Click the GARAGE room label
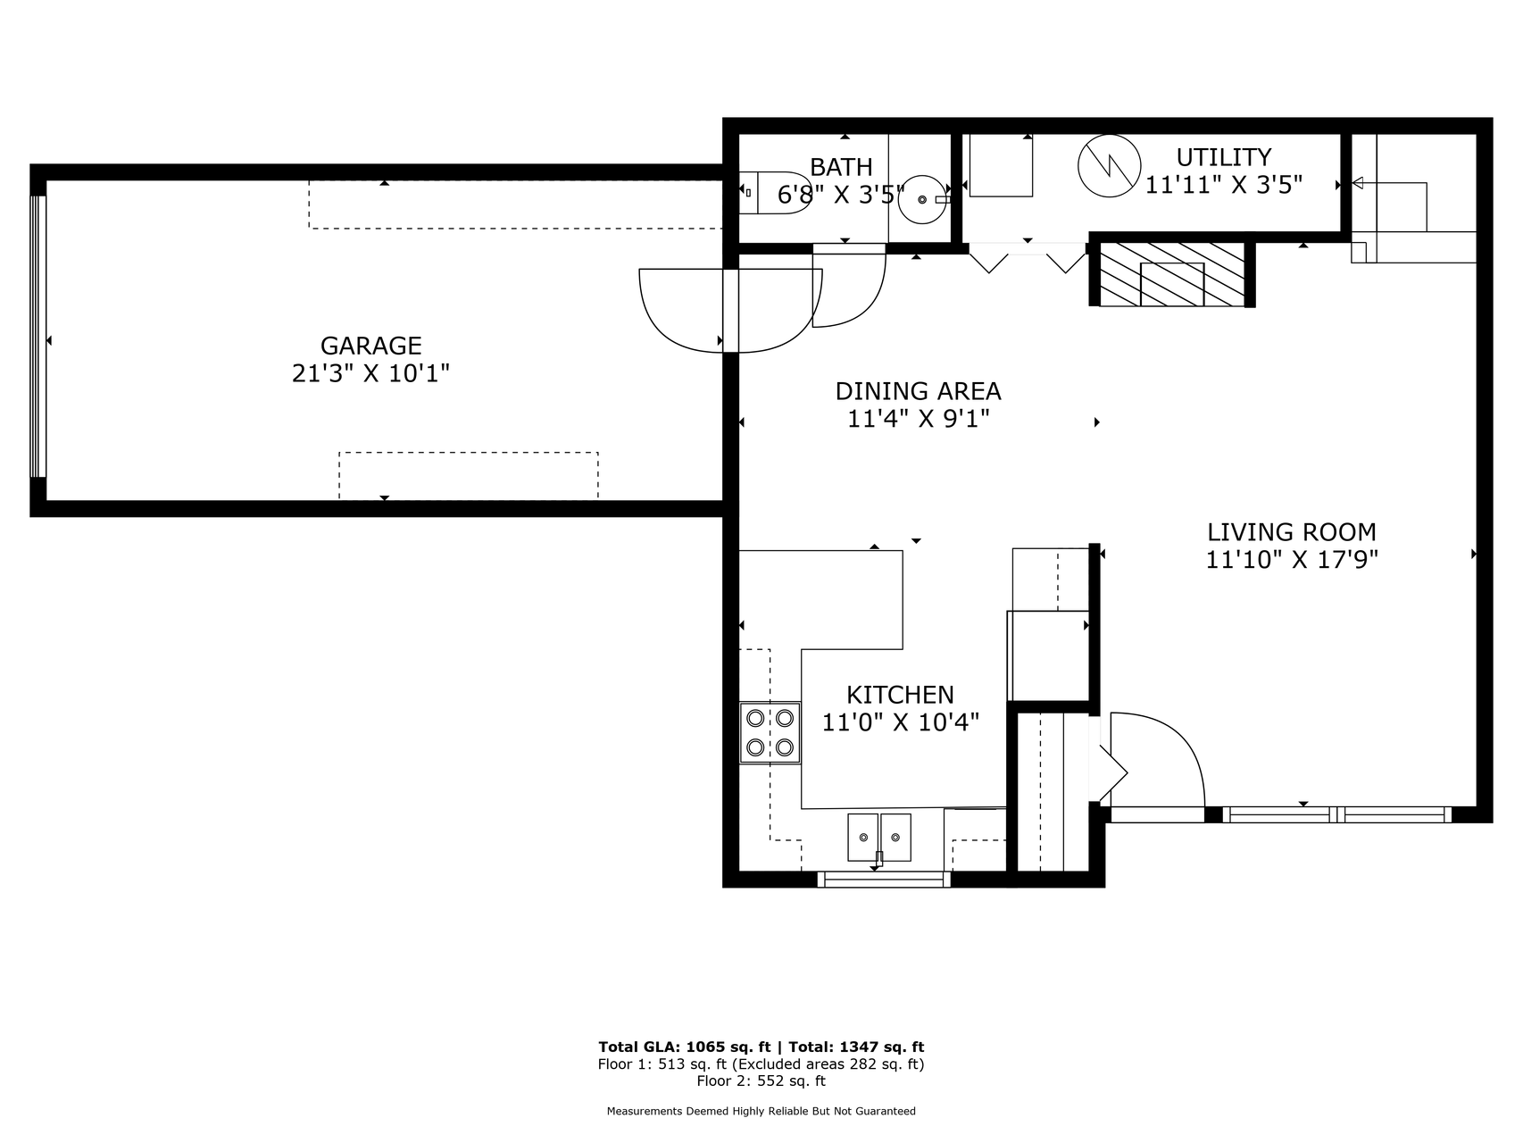(x=370, y=346)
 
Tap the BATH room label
(x=841, y=167)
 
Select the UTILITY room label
(x=1223, y=157)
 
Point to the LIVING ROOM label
(x=1291, y=532)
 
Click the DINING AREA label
(x=918, y=391)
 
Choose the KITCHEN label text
(x=900, y=695)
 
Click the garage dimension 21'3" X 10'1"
(x=370, y=373)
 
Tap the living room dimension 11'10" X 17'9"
(x=1292, y=560)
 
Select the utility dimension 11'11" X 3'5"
(x=1224, y=185)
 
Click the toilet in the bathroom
(x=773, y=192)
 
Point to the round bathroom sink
(x=922, y=199)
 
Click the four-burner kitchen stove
(x=770, y=732)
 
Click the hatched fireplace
(x=1172, y=274)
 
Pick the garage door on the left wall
(x=37, y=337)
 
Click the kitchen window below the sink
(x=884, y=880)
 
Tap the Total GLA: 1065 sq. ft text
(x=684, y=1047)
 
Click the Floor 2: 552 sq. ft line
(x=761, y=1081)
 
